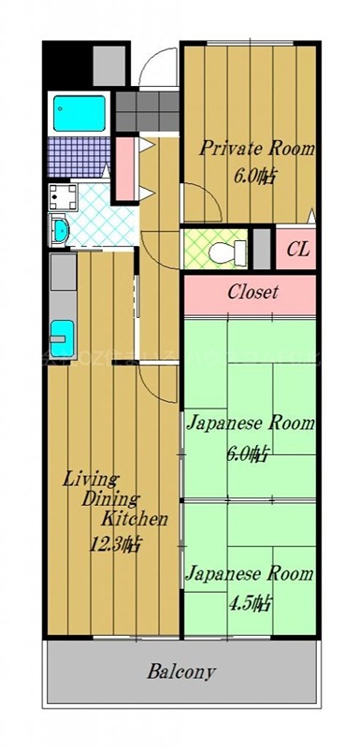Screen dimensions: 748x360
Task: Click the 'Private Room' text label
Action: coord(255,148)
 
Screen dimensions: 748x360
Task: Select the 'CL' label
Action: coord(297,249)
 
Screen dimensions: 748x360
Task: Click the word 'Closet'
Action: coord(252,292)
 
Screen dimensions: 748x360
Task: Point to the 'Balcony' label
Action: coord(182,671)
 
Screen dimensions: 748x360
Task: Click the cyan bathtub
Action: coord(78,113)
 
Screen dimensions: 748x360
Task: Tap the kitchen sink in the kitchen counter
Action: coord(61,333)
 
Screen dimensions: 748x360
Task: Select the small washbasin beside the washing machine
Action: coord(59,230)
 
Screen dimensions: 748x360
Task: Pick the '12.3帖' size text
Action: coord(114,542)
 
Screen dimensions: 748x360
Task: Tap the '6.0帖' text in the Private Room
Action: coord(254,175)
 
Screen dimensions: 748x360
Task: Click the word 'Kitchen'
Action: coord(135,520)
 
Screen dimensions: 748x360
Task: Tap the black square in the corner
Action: coord(66,62)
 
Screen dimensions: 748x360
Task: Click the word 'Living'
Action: coord(88,479)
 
